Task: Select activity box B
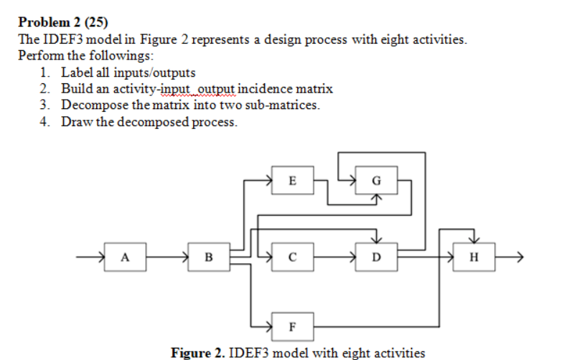coord(208,255)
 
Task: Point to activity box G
coord(375,180)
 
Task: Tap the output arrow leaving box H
coord(508,255)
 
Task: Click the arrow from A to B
coord(169,255)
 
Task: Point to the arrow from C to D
coord(332,255)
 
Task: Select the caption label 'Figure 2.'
coord(192,352)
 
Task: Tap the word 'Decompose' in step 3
coord(88,105)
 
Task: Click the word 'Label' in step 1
coord(76,72)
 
